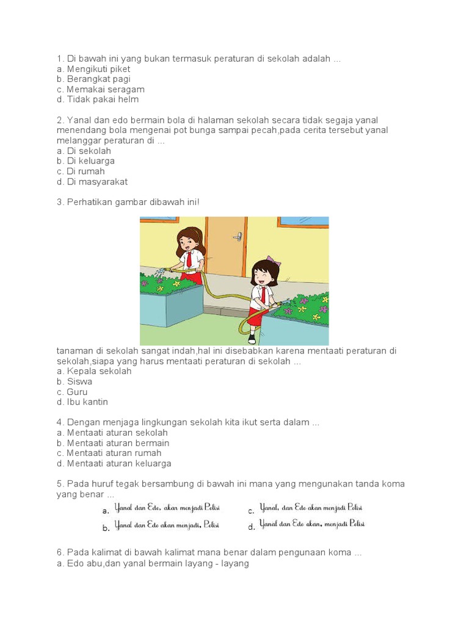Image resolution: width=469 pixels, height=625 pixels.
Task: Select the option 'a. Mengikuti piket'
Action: coord(93,69)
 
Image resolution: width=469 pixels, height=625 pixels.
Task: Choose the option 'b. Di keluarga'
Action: coord(85,161)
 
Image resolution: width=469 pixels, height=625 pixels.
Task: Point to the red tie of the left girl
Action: coord(189,259)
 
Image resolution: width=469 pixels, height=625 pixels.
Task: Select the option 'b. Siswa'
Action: coord(74,381)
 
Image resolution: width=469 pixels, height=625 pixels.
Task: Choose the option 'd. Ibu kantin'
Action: coord(82,402)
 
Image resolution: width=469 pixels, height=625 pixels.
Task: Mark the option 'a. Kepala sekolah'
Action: coord(93,371)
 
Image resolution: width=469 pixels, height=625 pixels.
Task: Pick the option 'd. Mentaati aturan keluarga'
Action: coord(114,464)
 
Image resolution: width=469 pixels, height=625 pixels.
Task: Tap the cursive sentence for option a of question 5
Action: coord(167,508)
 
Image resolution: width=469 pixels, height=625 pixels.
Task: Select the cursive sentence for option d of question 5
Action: coord(312,524)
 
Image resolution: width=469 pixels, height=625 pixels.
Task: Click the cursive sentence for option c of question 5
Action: coord(311,508)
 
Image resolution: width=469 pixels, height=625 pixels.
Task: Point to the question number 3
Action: coord(60,202)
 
